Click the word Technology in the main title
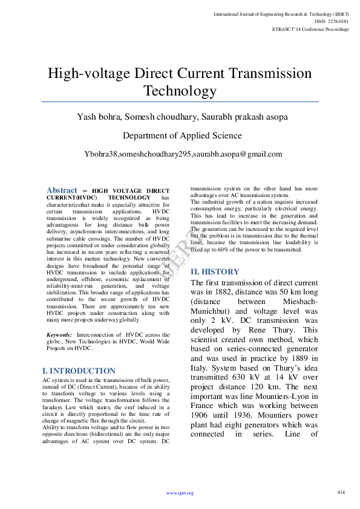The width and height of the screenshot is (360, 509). (x=180, y=91)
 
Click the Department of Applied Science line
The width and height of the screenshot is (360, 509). (x=182, y=135)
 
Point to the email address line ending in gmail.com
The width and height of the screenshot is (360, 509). (x=183, y=154)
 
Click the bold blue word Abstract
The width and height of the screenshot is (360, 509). (x=62, y=190)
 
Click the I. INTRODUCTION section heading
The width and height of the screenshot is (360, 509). (x=79, y=371)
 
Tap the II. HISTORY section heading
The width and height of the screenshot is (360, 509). (x=215, y=272)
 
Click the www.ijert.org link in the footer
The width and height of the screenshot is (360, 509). (x=180, y=493)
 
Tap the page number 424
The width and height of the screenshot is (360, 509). (x=341, y=492)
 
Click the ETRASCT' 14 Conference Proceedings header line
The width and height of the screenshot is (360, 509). (x=310, y=29)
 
